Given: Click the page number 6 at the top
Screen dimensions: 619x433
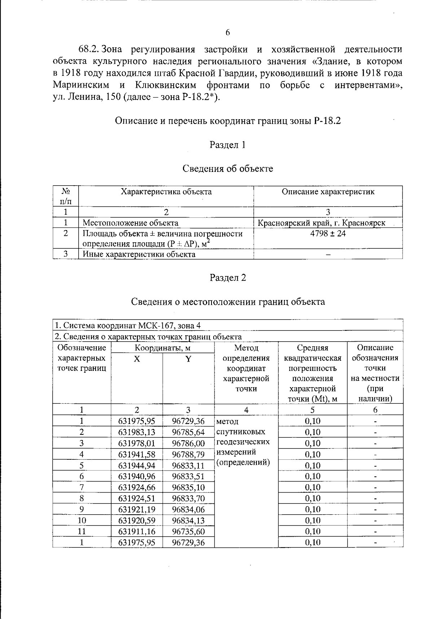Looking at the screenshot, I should click(228, 33).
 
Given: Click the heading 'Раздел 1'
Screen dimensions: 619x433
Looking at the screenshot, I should click(228, 145).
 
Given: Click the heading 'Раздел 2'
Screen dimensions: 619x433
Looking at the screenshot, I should click(228, 278).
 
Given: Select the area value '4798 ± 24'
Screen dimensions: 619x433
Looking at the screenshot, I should click(328, 234).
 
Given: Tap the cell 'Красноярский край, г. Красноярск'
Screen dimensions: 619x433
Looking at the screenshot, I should click(321, 223).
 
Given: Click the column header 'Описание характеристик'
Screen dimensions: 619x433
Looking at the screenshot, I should click(328, 192).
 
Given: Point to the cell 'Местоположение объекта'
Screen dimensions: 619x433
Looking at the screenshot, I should click(130, 223).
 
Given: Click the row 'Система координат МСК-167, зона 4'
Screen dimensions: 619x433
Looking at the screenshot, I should click(127, 325).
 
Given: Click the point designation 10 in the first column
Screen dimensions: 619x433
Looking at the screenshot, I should click(82, 520).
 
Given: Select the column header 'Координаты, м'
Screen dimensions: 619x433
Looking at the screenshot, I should click(162, 348).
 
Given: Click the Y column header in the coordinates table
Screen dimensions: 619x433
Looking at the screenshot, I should click(188, 359).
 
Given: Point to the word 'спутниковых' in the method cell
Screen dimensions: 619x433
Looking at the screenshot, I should click(241, 432).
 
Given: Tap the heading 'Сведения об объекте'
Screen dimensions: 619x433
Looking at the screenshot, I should click(228, 169).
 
